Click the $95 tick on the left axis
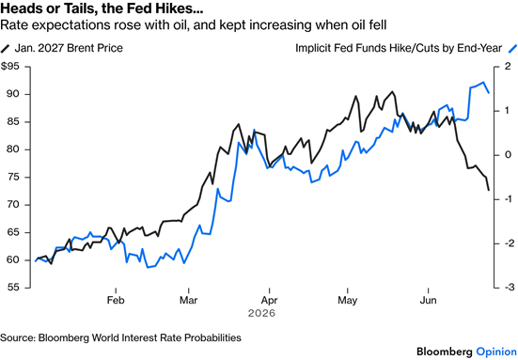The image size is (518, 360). coord(10,67)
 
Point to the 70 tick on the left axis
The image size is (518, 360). coord(13,205)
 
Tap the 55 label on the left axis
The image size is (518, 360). coord(13,288)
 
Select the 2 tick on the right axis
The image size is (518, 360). coord(508,67)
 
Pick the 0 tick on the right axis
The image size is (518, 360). coord(508,155)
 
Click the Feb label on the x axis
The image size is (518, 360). coord(116,300)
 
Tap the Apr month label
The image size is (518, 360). coord(269,300)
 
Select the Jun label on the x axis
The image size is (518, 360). coord(428,300)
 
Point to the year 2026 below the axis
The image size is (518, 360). coord(261,313)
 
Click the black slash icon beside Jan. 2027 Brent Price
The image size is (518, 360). coord(6,49)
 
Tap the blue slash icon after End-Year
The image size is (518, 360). coord(512,49)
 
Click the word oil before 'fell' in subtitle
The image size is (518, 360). coord(355,25)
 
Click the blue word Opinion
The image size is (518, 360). coord(496,352)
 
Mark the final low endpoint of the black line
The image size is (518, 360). coord(489,190)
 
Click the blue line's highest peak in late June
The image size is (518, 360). coord(483,82)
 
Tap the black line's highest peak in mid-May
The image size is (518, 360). coord(392,92)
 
